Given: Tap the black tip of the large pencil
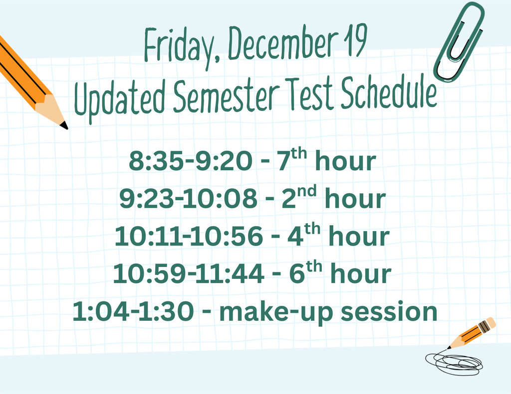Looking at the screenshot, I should click(64, 126).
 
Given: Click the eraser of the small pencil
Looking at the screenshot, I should click(491, 323).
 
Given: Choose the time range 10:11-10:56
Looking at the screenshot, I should click(188, 237).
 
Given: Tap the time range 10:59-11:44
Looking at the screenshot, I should click(189, 274).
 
